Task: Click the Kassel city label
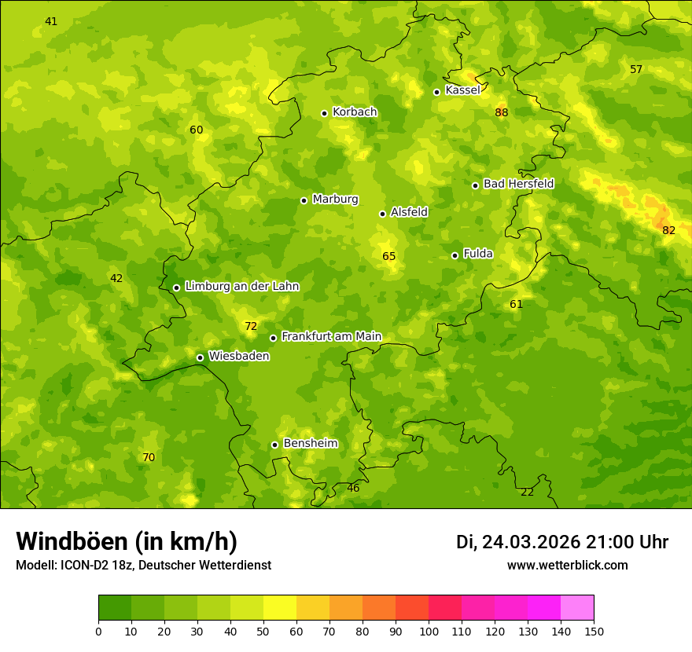click(462, 90)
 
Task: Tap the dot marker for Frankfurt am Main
click(273, 338)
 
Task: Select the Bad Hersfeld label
click(518, 184)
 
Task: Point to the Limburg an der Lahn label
click(241, 287)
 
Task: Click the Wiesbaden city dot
click(200, 357)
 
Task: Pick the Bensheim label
click(310, 444)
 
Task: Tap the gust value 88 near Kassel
click(502, 112)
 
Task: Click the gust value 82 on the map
click(668, 230)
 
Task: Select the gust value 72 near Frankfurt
click(251, 326)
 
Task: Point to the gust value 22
click(527, 492)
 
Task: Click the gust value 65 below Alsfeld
click(389, 256)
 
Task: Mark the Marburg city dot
click(304, 200)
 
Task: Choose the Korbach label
click(355, 112)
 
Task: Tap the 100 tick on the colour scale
click(429, 631)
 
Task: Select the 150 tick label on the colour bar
click(594, 631)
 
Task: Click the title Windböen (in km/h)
click(127, 541)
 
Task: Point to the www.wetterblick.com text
click(567, 565)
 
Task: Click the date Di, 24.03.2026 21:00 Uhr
click(561, 542)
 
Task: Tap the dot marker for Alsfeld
click(382, 214)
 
